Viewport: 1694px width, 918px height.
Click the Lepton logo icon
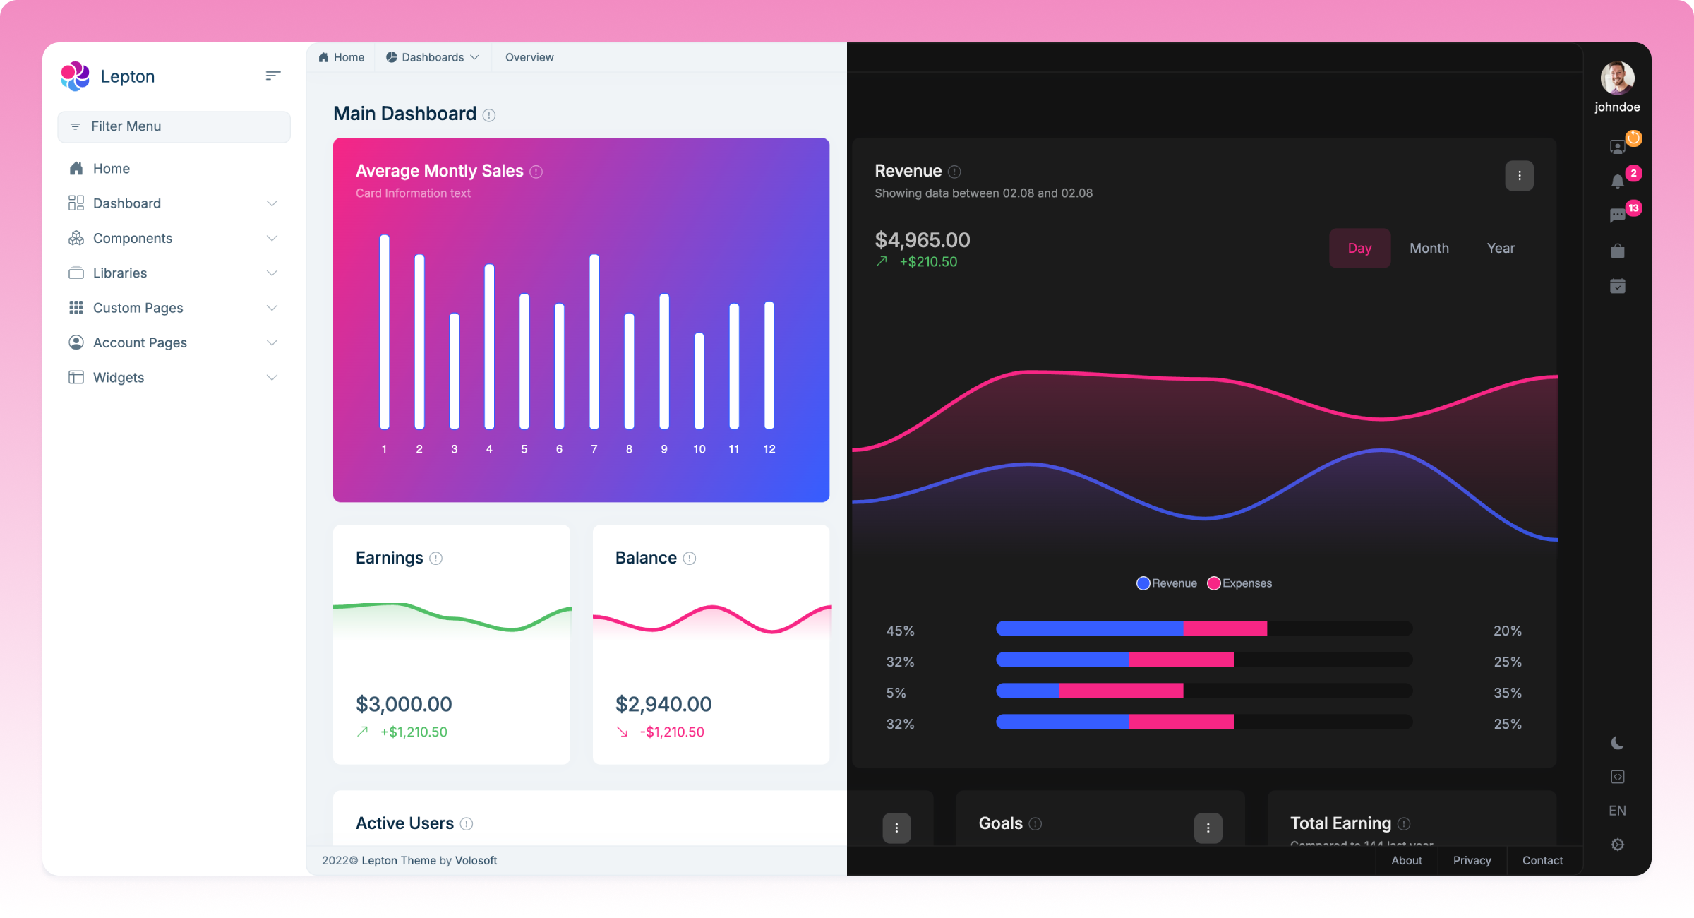(x=75, y=76)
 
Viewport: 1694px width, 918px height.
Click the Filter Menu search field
(x=174, y=126)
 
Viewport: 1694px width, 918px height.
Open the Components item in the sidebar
(x=133, y=238)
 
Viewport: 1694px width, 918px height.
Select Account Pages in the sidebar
(x=140, y=342)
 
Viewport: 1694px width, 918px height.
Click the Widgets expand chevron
(x=272, y=378)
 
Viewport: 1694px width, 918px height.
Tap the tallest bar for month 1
(x=385, y=332)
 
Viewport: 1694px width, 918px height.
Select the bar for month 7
(x=594, y=342)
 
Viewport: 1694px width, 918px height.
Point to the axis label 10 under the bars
(x=699, y=449)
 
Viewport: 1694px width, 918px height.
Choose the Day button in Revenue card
(x=1359, y=248)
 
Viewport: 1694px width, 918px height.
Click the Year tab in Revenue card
(x=1501, y=248)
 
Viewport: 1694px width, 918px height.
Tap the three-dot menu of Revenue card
(x=1519, y=176)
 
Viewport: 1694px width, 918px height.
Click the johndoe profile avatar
(x=1617, y=78)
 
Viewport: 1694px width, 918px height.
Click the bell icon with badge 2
(x=1617, y=181)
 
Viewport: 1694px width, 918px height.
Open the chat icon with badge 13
(x=1617, y=216)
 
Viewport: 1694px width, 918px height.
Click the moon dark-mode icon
(x=1617, y=743)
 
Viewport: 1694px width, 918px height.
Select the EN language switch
(x=1617, y=811)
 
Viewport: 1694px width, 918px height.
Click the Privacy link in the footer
(x=1472, y=860)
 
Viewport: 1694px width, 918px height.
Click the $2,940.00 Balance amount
(x=663, y=704)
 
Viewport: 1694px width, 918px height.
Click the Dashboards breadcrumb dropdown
(x=433, y=57)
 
